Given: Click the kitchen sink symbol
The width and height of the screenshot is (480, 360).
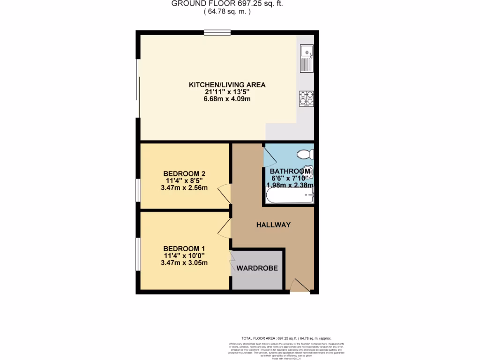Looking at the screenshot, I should pos(307,58).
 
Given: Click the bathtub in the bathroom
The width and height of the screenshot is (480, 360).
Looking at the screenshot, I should pos(289,196).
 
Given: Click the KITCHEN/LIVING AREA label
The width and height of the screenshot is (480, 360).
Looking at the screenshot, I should pos(227,85).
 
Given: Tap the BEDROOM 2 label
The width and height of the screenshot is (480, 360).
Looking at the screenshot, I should pos(184,173).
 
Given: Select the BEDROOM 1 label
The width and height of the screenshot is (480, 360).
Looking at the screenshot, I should pos(184,248).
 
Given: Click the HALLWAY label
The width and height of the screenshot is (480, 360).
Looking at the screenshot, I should pos(273,225).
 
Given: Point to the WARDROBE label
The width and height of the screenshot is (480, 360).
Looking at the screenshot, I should pos(257,269).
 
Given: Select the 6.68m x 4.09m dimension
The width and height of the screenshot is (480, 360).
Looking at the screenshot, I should pos(227,100).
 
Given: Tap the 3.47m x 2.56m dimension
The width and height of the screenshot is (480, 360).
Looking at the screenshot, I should pos(184,188).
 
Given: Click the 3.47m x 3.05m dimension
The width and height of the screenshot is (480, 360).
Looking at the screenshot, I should pos(184,263).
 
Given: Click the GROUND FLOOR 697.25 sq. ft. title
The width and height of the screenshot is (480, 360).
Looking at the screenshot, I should pos(227,4).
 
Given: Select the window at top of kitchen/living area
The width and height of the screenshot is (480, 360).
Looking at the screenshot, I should pos(217,33).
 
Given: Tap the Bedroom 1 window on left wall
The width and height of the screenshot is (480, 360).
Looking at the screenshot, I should pos(137,254).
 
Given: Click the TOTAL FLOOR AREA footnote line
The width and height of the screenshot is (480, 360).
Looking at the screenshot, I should pos(286,338).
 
